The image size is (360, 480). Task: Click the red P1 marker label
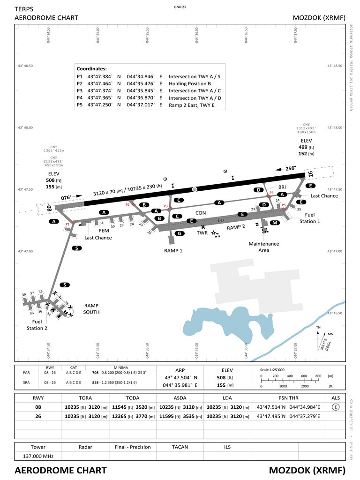[x=67, y=225]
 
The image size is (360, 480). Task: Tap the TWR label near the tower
[x=202, y=233]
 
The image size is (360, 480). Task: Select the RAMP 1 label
[x=173, y=251]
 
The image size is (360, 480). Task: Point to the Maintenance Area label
[x=263, y=247]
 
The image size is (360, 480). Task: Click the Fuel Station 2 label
[x=37, y=325]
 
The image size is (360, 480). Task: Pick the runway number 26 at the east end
[x=310, y=175]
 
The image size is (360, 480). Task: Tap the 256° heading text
[x=291, y=168]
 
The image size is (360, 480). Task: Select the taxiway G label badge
[x=179, y=233]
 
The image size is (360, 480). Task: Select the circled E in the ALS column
[x=335, y=407]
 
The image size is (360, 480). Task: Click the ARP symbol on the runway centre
[x=195, y=189]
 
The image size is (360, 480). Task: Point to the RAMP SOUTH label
[x=91, y=308]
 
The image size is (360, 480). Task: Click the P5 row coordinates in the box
[x=124, y=105]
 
